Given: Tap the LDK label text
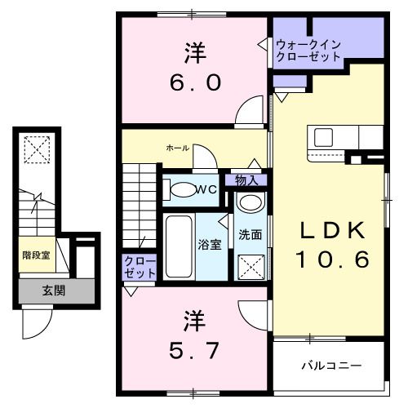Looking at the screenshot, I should point(332,230).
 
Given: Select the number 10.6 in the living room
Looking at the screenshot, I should point(332,259).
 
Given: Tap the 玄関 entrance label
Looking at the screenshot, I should point(55,290).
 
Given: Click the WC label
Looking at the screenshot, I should point(206,189).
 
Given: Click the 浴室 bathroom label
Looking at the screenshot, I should point(208,244).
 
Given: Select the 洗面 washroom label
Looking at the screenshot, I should point(250,234).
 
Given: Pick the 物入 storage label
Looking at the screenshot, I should point(247,180).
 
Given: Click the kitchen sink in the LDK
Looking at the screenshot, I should point(320,136).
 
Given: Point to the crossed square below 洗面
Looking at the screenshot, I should point(250,265).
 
